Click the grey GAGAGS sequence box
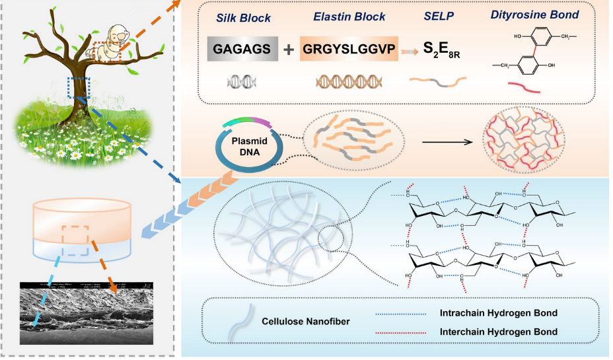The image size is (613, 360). click(239, 50)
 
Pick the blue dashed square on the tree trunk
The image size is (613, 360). click(78, 87)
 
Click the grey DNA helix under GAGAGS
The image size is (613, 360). click(238, 81)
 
